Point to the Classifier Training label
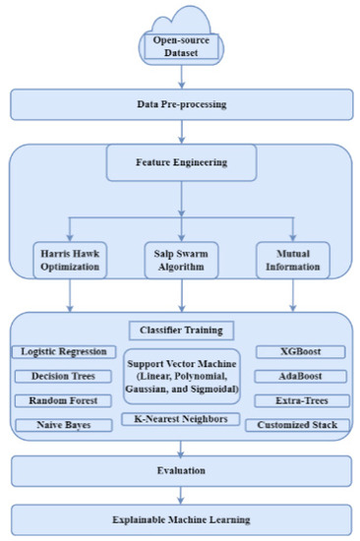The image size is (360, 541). (180, 330)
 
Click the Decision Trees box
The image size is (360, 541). (64, 376)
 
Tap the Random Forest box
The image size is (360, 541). (64, 400)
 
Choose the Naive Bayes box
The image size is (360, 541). (64, 425)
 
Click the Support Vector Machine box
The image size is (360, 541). (180, 376)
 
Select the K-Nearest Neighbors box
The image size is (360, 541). (180, 419)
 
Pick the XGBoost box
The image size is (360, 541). (297, 351)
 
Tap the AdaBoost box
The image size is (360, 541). (297, 376)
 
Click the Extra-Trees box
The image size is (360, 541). (297, 400)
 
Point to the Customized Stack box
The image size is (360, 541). (297, 425)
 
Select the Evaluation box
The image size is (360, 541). (180, 471)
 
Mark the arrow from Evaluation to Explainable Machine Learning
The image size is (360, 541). (180, 494)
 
